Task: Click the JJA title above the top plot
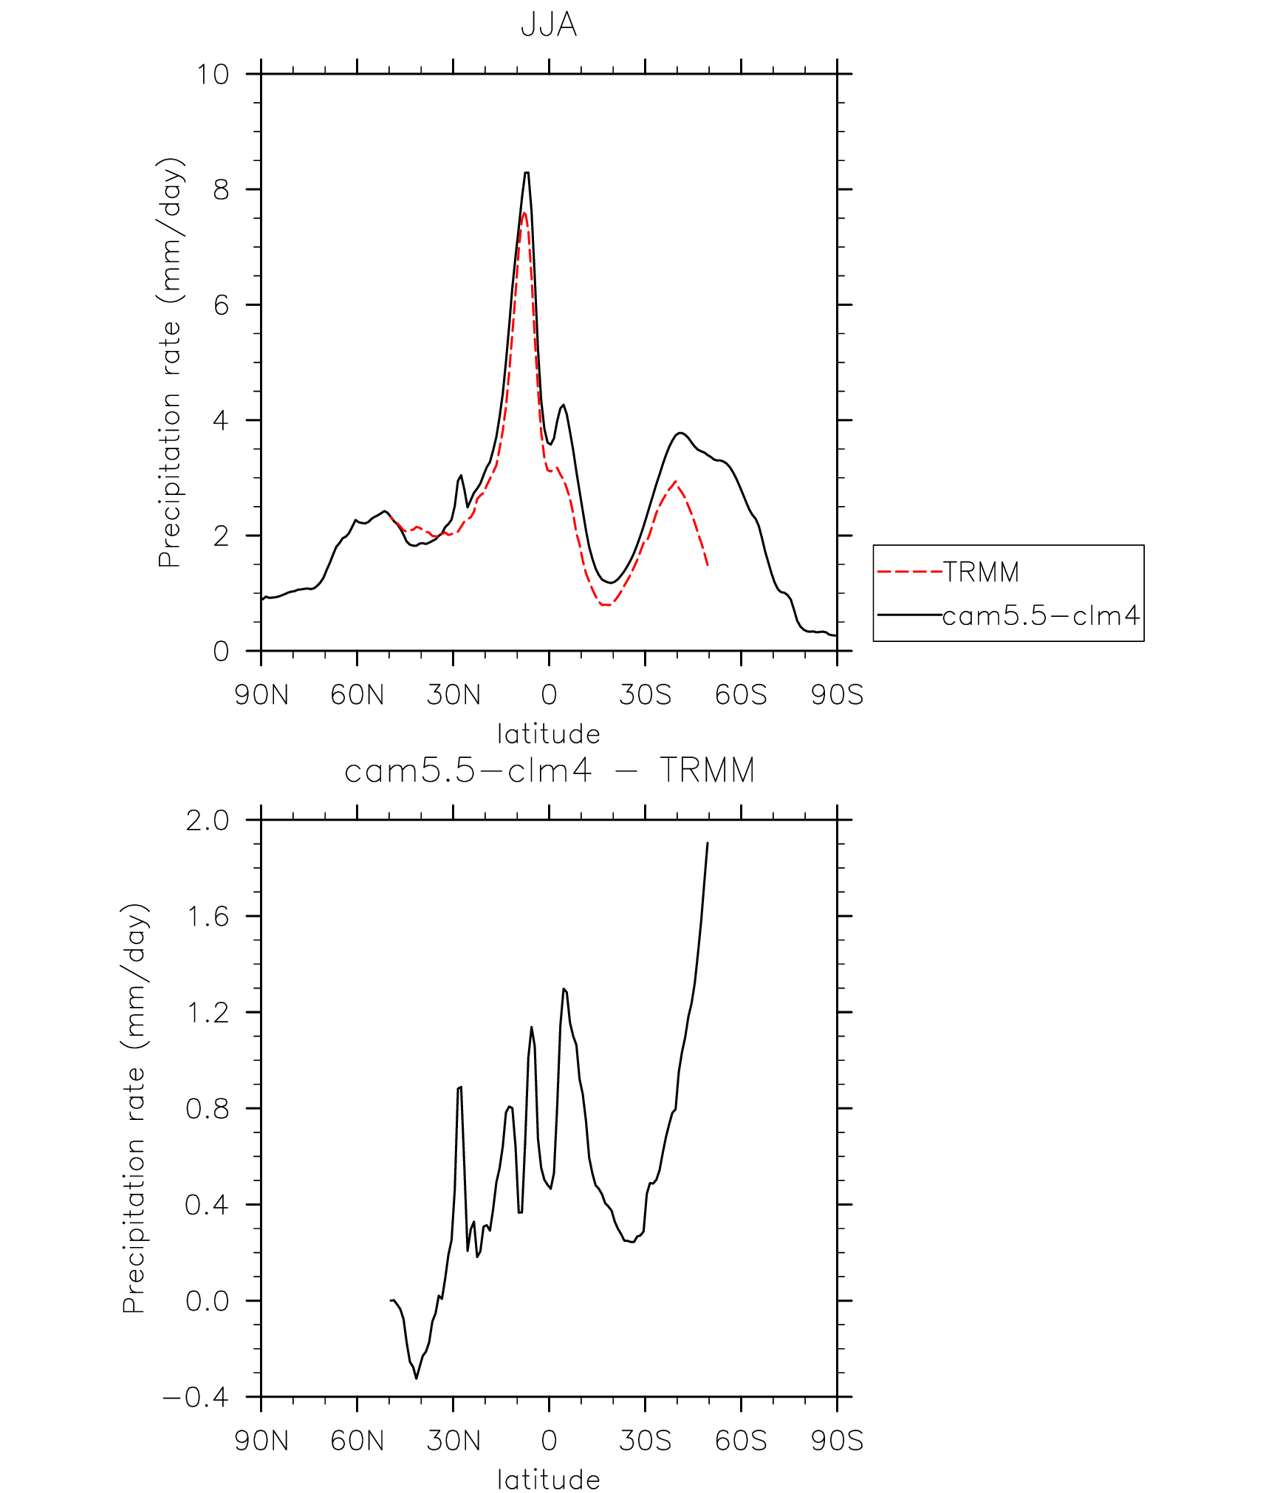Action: (x=548, y=24)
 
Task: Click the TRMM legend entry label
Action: (x=981, y=572)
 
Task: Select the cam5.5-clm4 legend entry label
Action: (x=1041, y=615)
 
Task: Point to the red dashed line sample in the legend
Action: (x=909, y=572)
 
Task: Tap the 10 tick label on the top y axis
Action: (x=212, y=75)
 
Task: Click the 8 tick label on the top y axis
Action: (x=221, y=190)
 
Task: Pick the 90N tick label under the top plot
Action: (x=261, y=695)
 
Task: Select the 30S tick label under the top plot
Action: (x=645, y=695)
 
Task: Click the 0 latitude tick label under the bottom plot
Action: (x=549, y=1441)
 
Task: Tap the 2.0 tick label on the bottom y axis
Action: (x=207, y=821)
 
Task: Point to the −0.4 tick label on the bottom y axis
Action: (x=196, y=1397)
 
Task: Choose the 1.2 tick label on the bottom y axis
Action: (x=207, y=1013)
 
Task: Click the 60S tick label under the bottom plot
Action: (x=741, y=1441)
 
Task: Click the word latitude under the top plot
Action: (x=548, y=734)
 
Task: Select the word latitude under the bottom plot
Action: (x=548, y=1479)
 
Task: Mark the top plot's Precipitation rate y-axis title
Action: (x=170, y=362)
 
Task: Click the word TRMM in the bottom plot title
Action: (x=707, y=771)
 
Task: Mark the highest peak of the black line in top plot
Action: (x=527, y=173)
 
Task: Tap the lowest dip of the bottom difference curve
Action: (x=417, y=1378)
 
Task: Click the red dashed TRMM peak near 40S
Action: (x=675, y=482)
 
